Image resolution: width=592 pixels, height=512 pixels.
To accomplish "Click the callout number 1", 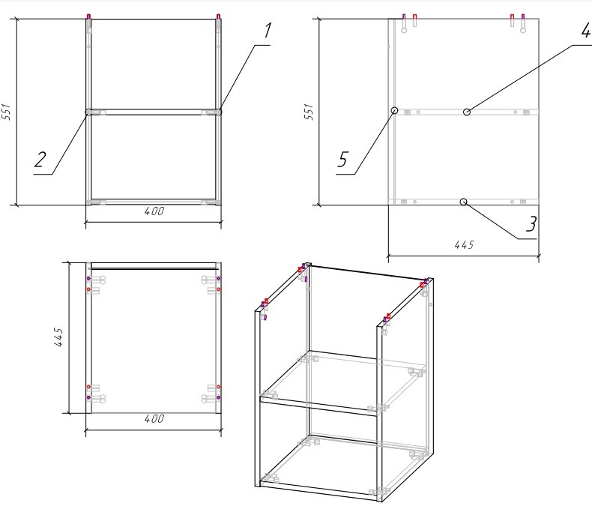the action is [x=268, y=31].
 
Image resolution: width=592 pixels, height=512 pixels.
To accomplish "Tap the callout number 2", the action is [x=40, y=160].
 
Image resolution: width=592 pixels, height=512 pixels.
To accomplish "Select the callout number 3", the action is [x=531, y=224].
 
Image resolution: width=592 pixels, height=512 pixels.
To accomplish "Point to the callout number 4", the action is [x=585, y=30].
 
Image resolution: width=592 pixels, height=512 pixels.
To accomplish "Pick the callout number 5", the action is [x=342, y=160].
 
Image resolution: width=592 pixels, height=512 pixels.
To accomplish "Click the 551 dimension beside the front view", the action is [x=7, y=112].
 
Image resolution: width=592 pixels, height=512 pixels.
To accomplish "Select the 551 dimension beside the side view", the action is [x=309, y=112].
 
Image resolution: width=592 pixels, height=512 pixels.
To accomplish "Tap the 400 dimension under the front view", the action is [x=154, y=211].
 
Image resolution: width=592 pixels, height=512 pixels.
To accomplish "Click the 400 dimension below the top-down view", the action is [x=154, y=419].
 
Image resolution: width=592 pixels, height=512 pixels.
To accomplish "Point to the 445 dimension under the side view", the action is [x=464, y=245].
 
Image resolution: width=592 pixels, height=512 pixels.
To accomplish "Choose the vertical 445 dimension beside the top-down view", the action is [x=58, y=337].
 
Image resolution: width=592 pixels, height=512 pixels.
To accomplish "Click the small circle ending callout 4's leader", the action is [x=467, y=112].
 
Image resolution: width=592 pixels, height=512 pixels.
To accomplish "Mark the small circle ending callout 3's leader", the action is [x=464, y=202].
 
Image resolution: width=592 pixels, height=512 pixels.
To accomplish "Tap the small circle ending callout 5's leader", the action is [x=394, y=110].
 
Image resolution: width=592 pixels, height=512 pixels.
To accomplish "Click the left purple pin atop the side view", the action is [x=404, y=16].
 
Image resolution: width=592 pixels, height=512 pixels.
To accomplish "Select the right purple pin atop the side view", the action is [x=523, y=16].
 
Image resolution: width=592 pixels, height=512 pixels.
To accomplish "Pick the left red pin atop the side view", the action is [x=415, y=17].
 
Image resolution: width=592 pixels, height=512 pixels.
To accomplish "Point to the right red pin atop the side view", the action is [x=513, y=17].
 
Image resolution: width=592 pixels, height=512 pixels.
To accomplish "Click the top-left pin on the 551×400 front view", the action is [x=88, y=16].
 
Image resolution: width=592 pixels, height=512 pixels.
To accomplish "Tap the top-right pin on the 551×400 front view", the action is [x=218, y=16].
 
